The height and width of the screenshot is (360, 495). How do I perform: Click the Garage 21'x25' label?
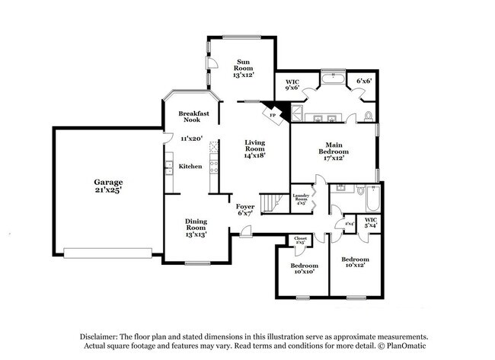107,187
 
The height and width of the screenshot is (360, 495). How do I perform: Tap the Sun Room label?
243,68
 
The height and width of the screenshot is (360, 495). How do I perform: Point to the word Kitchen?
190,167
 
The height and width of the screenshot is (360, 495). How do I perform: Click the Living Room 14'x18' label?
255,149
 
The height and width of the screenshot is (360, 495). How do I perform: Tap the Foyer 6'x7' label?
244,210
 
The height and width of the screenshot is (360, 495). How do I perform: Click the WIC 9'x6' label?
292,84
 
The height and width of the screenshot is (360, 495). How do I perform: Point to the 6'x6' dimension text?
364,81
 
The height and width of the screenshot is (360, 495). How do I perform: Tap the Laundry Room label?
300,199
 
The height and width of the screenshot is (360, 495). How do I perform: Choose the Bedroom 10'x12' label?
353,262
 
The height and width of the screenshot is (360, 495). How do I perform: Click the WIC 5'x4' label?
371,223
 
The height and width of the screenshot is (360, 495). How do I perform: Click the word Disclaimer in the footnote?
101,336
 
